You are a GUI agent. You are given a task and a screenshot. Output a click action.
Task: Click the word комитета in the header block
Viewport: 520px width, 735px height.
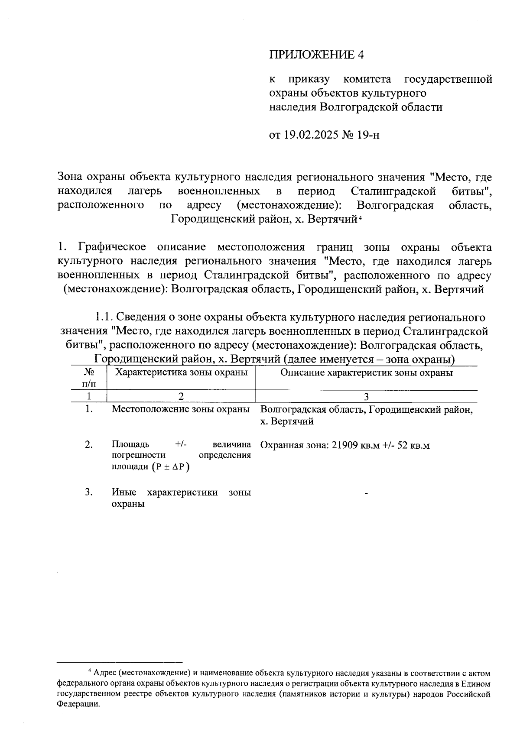367,79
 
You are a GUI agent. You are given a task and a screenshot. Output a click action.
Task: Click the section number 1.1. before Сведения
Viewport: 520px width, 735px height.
104,317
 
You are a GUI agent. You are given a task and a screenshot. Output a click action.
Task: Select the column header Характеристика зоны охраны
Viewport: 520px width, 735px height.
180,372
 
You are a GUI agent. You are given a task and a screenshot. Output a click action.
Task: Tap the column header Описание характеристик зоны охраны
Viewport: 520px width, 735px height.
367,372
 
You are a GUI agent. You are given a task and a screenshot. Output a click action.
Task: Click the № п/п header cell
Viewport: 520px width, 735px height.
88,378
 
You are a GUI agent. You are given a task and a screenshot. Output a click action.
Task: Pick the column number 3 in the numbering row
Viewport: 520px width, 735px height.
367,396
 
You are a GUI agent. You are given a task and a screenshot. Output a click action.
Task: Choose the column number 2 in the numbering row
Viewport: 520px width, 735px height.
181,396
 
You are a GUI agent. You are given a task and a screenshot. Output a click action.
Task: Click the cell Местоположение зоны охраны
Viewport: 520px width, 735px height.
181,409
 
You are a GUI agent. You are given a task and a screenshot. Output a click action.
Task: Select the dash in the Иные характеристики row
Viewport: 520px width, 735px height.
367,493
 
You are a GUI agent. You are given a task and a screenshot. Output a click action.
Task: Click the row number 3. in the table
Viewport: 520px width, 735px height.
89,492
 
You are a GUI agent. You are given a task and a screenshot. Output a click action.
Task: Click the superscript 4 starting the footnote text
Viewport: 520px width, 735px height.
90,671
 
